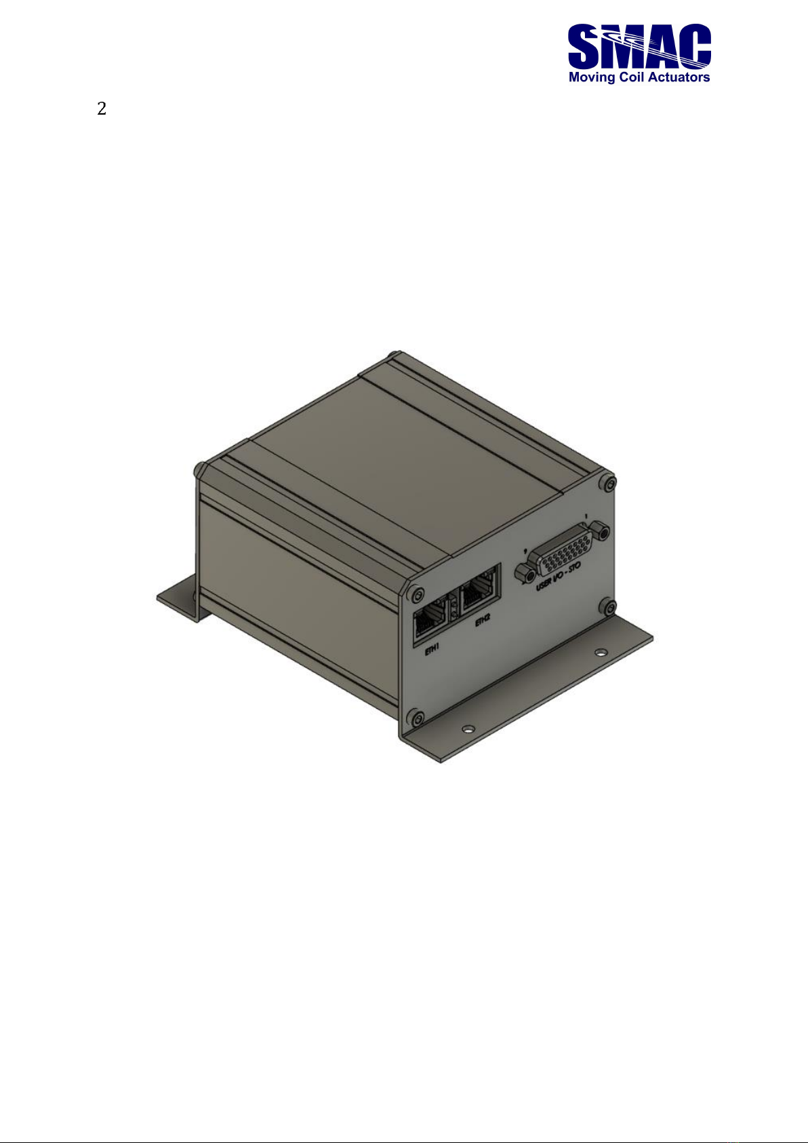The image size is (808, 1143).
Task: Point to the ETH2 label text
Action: click(x=483, y=623)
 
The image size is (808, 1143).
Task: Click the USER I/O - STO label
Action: click(x=558, y=577)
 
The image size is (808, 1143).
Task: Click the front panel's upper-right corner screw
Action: click(x=607, y=483)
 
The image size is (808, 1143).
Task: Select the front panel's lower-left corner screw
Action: click(x=417, y=718)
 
